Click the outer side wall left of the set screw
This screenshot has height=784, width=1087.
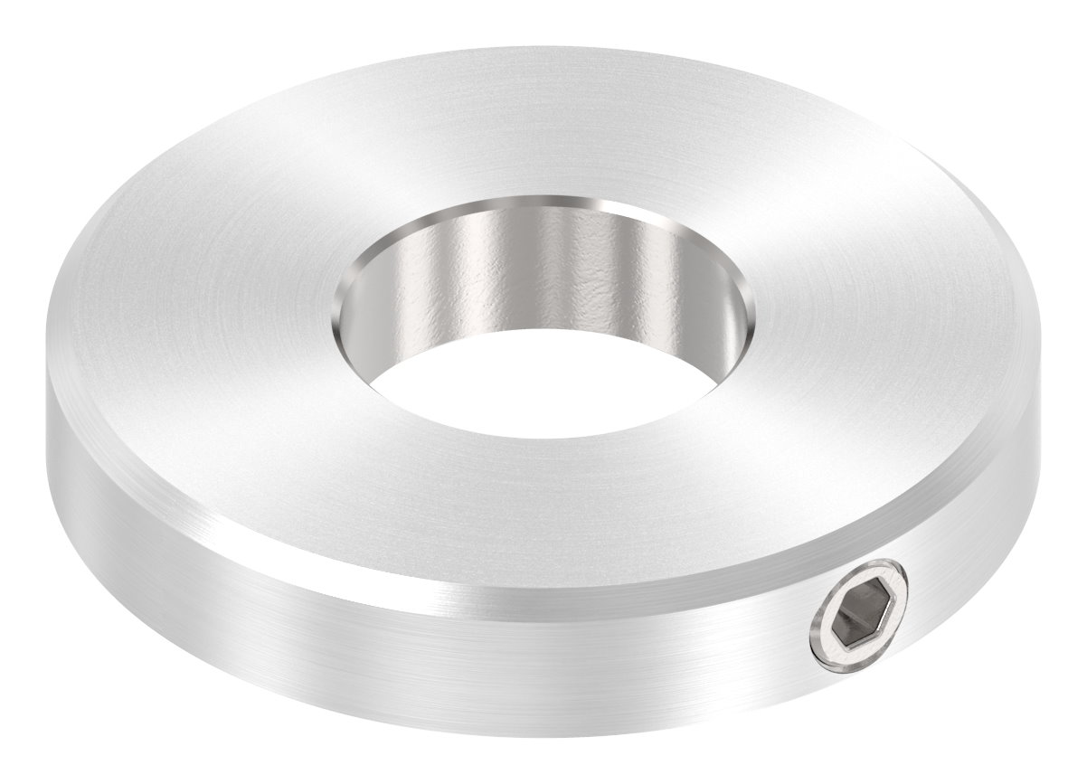coord(452,651)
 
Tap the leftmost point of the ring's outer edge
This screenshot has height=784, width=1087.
coord(43,398)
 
